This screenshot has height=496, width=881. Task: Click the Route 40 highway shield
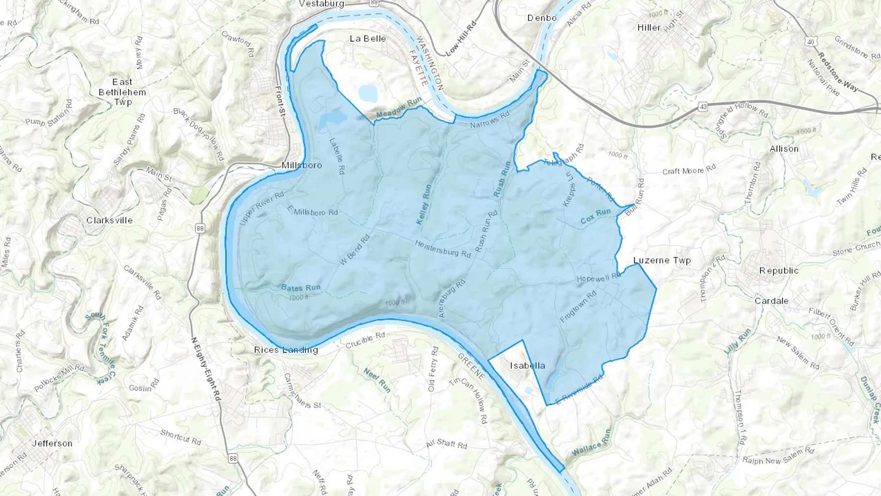tap(811, 42)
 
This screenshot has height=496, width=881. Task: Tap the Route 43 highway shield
tap(703, 106)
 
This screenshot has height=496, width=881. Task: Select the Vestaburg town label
tap(322, 4)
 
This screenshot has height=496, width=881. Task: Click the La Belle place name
tap(368, 39)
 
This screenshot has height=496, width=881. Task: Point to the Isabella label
tap(527, 366)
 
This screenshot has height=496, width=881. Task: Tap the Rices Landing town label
tap(286, 350)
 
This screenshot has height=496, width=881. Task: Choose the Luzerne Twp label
tap(662, 260)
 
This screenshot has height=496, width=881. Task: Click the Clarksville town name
tap(109, 220)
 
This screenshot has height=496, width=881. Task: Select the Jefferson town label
tap(52, 444)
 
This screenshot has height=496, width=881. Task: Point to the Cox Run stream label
tap(596, 216)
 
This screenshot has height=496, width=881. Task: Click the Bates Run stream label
tap(301, 288)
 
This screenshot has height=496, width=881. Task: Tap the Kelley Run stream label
tap(424, 205)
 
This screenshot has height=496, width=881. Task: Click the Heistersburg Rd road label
tap(442, 249)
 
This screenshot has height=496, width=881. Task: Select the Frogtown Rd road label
tap(578, 307)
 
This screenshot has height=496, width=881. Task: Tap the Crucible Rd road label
tap(365, 341)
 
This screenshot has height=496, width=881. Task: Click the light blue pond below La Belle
tap(368, 93)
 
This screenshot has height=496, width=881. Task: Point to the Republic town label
tap(779, 271)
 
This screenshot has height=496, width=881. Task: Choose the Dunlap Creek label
tap(870, 399)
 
